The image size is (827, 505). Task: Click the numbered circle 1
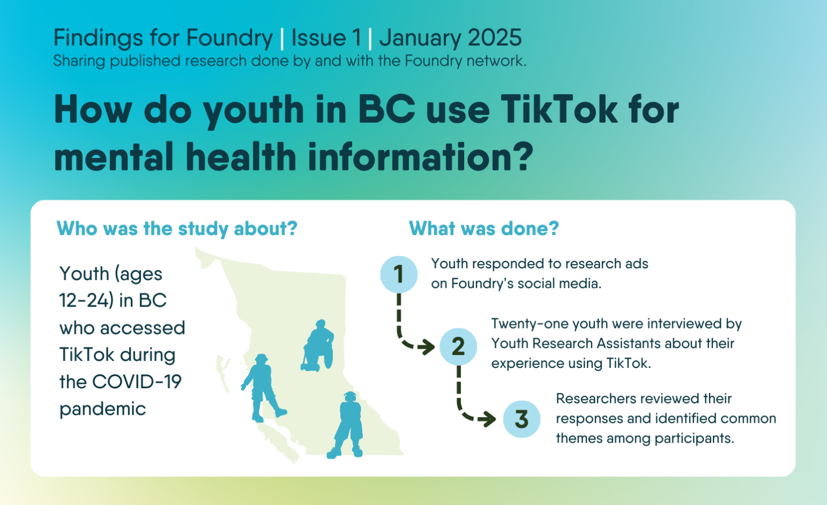399,274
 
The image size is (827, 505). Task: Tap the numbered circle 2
458,347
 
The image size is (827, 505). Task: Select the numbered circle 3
522,419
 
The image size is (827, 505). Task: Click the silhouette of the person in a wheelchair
318,345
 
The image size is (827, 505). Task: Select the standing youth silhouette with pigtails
347,425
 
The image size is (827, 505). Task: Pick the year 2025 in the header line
495,38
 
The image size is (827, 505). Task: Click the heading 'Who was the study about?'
177,229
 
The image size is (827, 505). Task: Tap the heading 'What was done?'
484,229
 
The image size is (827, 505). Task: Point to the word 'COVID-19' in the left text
137,381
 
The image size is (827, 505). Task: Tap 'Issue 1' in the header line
326,38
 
